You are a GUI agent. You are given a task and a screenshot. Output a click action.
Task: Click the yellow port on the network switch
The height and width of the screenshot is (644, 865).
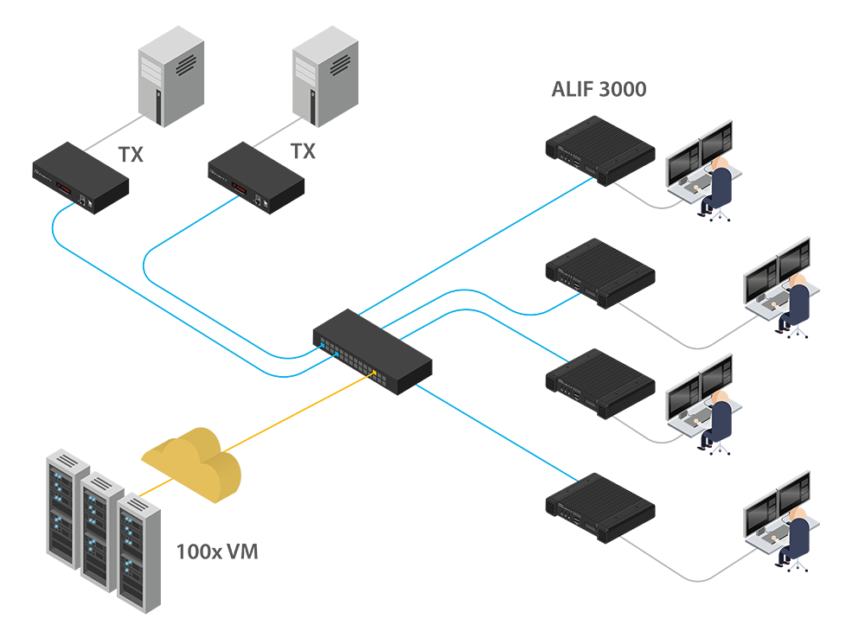click(375, 374)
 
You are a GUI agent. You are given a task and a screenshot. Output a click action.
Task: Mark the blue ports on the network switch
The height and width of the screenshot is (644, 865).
click(327, 348)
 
